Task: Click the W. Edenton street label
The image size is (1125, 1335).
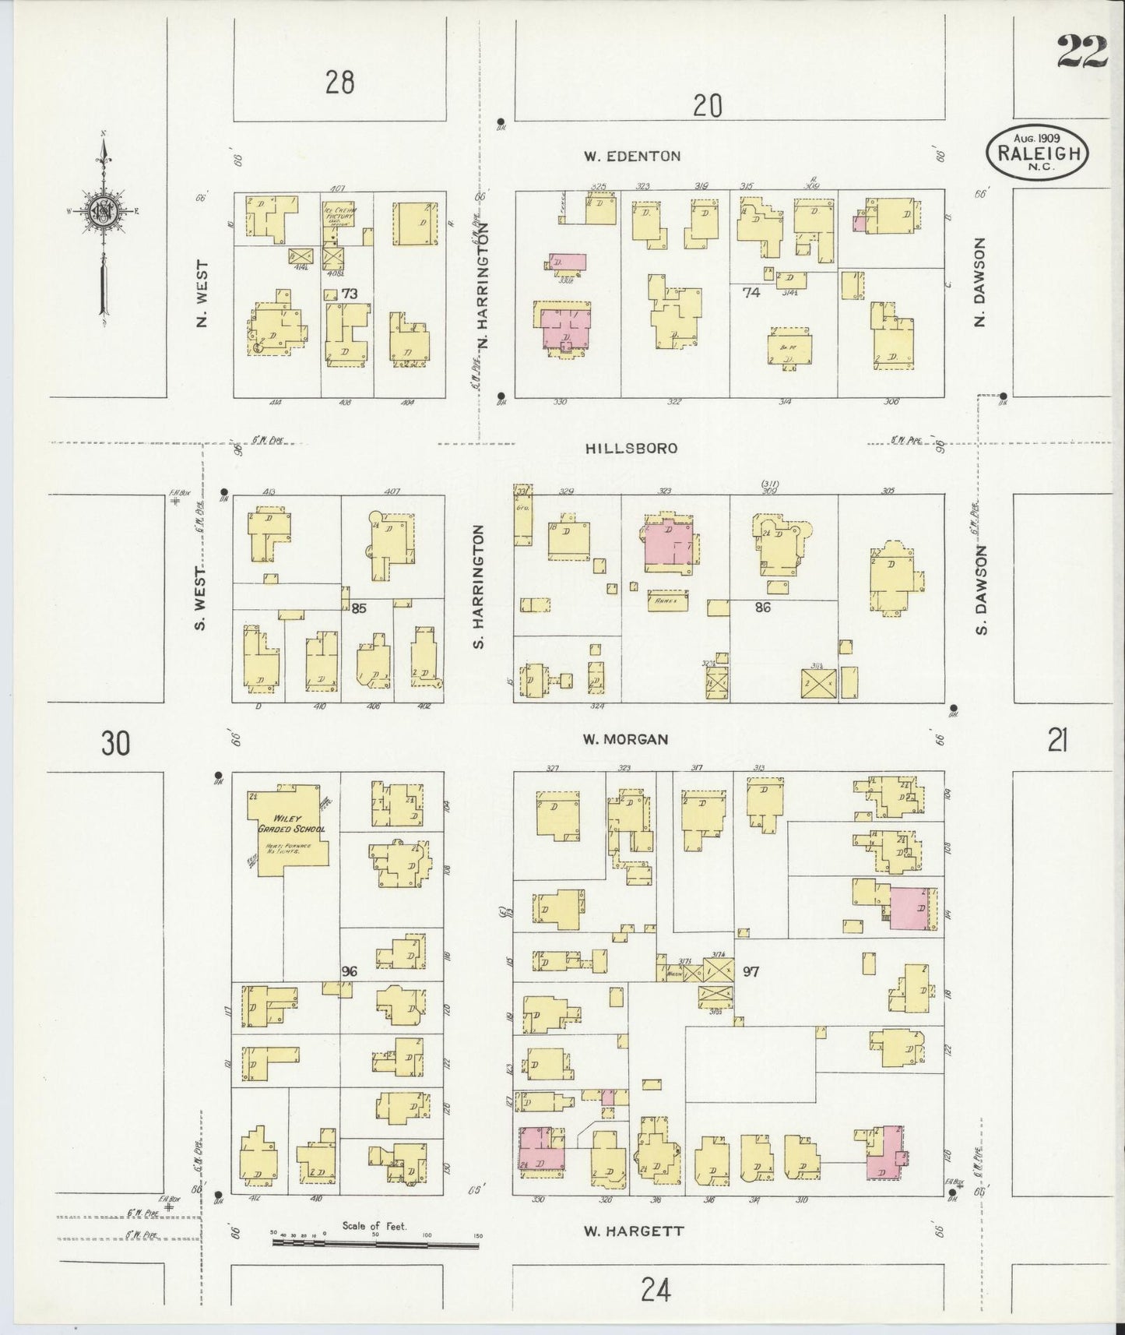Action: click(x=632, y=156)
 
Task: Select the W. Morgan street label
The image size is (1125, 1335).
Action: click(x=626, y=739)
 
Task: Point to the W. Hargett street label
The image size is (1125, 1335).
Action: click(x=633, y=1231)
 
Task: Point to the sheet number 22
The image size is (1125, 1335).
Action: click(x=1081, y=53)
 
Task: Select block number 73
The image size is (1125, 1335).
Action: click(x=350, y=294)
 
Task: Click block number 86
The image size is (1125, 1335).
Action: click(x=762, y=607)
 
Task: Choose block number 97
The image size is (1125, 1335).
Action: click(x=751, y=971)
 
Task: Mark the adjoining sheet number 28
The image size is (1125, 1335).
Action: click(x=340, y=81)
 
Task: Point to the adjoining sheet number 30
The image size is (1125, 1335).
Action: click(x=114, y=744)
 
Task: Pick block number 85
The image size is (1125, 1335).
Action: click(x=359, y=607)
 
